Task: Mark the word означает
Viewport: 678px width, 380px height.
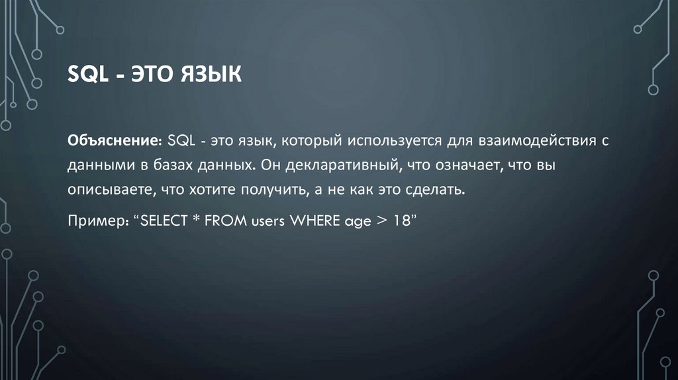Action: pos(467,165)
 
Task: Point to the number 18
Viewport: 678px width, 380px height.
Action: pos(399,220)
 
